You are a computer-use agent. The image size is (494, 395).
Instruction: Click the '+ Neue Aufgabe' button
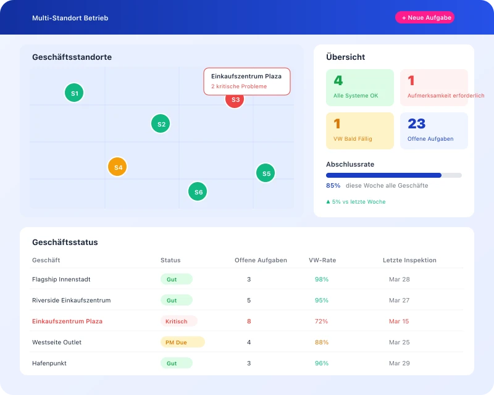coord(425,18)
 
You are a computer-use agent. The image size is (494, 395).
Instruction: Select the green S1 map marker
coord(74,93)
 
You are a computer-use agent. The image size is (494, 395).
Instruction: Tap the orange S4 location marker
coord(117,167)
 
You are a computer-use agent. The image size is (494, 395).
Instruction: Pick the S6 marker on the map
coord(198,192)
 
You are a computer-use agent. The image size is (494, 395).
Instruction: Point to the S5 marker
coord(266,173)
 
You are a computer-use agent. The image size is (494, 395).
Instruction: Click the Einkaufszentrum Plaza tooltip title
coord(246,76)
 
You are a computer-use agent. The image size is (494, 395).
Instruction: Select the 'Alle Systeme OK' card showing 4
coord(360,88)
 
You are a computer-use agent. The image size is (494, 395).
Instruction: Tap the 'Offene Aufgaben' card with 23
coord(434,131)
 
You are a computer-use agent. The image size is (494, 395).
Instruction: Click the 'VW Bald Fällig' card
coord(360,131)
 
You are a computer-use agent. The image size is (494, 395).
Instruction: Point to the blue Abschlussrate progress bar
coord(384,175)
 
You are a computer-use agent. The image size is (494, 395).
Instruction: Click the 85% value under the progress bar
coord(333,185)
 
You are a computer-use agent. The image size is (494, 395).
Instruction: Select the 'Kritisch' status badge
coord(178,321)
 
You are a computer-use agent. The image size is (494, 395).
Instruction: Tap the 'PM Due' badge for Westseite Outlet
coord(182,342)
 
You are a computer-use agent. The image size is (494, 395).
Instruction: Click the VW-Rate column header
coord(322,260)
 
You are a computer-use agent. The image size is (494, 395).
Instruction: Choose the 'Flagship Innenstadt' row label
coord(61,279)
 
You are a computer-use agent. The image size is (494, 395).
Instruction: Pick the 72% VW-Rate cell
coord(321,321)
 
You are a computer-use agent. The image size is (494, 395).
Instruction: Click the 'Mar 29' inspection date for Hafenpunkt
coord(399,363)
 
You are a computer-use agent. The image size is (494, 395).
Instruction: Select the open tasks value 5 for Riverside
coord(249,300)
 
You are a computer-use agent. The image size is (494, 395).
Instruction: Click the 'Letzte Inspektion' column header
coord(409,260)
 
